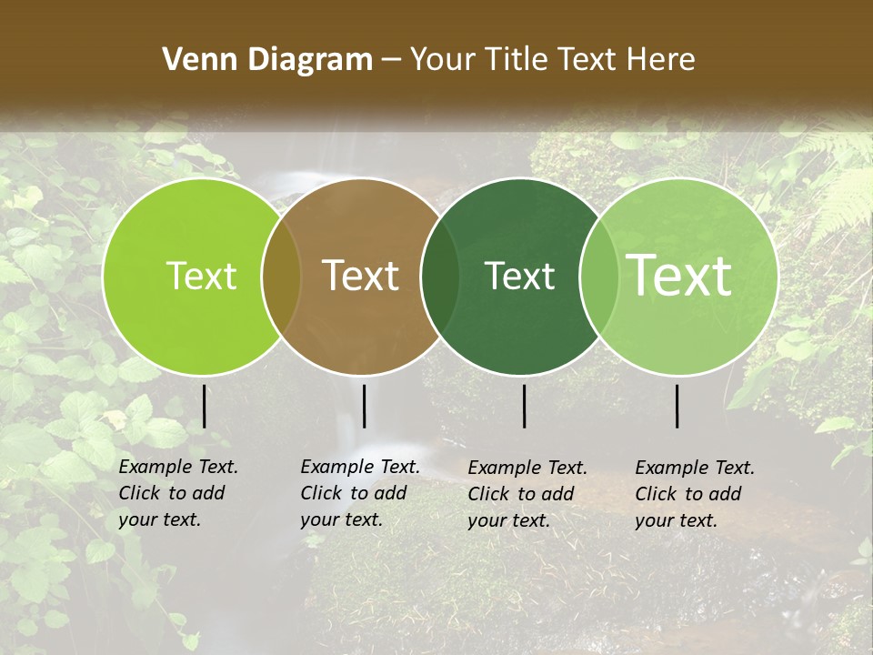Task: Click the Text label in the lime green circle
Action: pyautogui.click(x=201, y=276)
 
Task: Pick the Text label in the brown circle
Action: pyautogui.click(x=361, y=276)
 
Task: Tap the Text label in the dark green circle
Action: pyautogui.click(x=520, y=276)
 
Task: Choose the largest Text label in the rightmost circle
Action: pyautogui.click(x=679, y=276)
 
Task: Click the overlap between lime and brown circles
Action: pyautogui.click(x=281, y=277)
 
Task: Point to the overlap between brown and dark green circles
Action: pyautogui.click(x=440, y=277)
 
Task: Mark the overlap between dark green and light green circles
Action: pyautogui.click(x=598, y=277)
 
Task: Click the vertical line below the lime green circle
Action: pyautogui.click(x=205, y=407)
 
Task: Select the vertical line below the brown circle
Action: pyautogui.click(x=364, y=407)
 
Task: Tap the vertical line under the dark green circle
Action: pyautogui.click(x=524, y=407)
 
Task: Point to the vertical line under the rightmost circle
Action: pyautogui.click(x=677, y=407)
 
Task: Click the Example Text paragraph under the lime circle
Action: pyautogui.click(x=177, y=493)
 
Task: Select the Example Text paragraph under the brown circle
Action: pyautogui.click(x=359, y=493)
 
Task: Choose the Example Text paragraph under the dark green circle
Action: pyautogui.click(x=527, y=494)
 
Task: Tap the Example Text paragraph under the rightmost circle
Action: pyautogui.click(x=694, y=494)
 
